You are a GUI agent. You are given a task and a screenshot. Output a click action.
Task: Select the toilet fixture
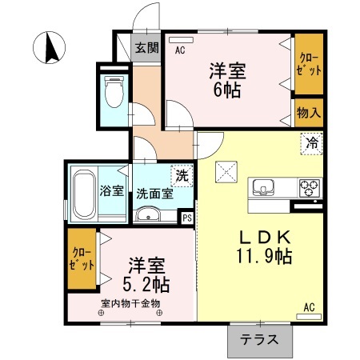pos(114,92)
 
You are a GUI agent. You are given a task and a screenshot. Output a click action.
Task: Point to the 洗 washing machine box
pos(183,174)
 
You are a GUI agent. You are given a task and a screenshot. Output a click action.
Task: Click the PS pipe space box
pos(187,217)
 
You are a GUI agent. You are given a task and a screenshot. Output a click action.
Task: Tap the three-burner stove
pos(309,189)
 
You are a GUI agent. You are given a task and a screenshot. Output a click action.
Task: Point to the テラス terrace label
pos(260,338)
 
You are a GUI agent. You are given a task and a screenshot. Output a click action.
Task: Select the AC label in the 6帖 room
pos(180,50)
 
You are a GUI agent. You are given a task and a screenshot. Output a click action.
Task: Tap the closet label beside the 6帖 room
pos(309,64)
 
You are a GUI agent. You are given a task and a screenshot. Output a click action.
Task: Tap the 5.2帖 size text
pos(146,282)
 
